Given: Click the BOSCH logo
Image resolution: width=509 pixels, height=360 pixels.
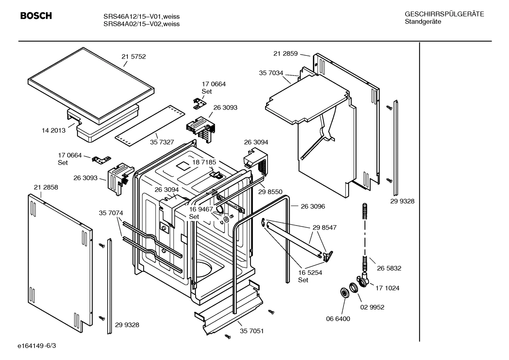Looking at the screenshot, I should pos(36,16).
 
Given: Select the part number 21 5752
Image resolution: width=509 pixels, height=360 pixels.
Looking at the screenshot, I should pos(133,57).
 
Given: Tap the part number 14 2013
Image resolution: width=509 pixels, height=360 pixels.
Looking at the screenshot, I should pos(54,130).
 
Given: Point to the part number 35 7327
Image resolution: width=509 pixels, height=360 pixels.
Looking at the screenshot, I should pos(162,142).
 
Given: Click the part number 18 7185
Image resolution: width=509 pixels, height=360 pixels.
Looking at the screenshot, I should pos(204,162).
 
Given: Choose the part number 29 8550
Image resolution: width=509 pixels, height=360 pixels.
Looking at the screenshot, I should pos(270,192).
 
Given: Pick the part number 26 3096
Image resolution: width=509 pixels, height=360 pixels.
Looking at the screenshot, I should pos(313,206).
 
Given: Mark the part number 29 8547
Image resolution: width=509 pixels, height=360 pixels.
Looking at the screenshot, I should pos(324,228).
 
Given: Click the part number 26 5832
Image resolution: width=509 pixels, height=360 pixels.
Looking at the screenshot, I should pos(389,268).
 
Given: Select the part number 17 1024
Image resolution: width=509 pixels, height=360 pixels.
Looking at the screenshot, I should pos(387,288).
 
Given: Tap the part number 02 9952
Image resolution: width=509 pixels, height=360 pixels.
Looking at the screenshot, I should pos(372,307).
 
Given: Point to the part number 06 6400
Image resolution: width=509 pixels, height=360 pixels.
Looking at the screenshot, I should pos(338,319).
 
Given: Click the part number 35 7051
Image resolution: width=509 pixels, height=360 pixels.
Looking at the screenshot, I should pos(252,331).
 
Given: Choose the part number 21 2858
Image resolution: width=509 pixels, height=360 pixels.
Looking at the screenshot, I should pos(46,187).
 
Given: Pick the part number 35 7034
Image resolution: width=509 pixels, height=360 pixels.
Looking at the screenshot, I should pos(271,73).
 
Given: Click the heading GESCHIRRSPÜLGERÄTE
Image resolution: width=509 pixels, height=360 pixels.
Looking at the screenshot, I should pos(444,14).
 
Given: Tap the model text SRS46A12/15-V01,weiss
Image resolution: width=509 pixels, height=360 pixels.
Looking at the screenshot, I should pos(141,17).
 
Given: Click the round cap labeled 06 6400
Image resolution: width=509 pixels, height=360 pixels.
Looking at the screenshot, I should pos(343,293).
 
